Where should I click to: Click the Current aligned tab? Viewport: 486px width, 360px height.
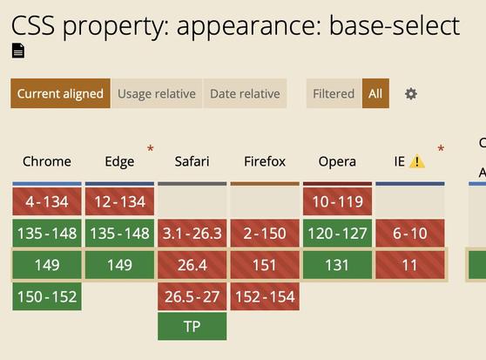tap(60, 93)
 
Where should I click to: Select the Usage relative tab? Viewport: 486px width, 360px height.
tap(157, 93)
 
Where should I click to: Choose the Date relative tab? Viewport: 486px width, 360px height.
tap(245, 93)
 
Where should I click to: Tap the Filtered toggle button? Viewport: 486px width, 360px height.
tap(334, 93)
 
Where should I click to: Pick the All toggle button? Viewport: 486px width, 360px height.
tap(375, 93)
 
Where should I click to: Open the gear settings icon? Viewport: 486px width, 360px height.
tap(411, 93)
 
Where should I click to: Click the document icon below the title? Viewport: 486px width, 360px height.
tap(18, 51)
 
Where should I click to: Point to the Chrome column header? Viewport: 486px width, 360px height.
tap(47, 161)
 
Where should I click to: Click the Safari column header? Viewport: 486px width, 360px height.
tap(192, 161)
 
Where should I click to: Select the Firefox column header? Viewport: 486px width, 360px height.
tap(265, 161)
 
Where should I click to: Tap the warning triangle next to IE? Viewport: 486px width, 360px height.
tap(417, 161)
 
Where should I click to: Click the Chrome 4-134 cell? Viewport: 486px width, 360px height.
tap(47, 201)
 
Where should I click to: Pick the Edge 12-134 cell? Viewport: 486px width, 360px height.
tap(119, 201)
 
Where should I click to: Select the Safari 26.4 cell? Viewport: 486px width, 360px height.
tap(192, 265)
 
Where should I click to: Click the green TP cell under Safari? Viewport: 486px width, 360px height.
tap(192, 326)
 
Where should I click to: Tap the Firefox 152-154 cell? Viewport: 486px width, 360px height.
tap(265, 296)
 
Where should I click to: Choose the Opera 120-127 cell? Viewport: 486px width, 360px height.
tap(337, 233)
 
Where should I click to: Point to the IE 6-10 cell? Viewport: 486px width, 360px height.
tap(410, 233)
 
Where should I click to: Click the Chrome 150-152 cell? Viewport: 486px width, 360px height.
tap(47, 296)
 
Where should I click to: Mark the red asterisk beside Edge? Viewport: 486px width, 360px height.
tap(151, 148)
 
